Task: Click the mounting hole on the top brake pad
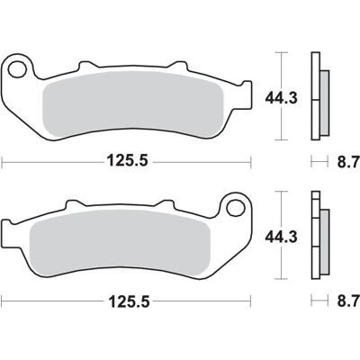click(x=17, y=69)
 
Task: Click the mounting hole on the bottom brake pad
click(x=236, y=207)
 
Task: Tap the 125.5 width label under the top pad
click(x=128, y=161)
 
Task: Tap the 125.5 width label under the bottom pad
click(x=129, y=301)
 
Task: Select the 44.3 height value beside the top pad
click(x=281, y=98)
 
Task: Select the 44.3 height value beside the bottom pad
click(x=281, y=237)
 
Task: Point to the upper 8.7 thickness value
click(x=348, y=162)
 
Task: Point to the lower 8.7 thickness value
click(x=348, y=301)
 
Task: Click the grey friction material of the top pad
click(x=133, y=105)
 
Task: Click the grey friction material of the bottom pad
click(x=120, y=244)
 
